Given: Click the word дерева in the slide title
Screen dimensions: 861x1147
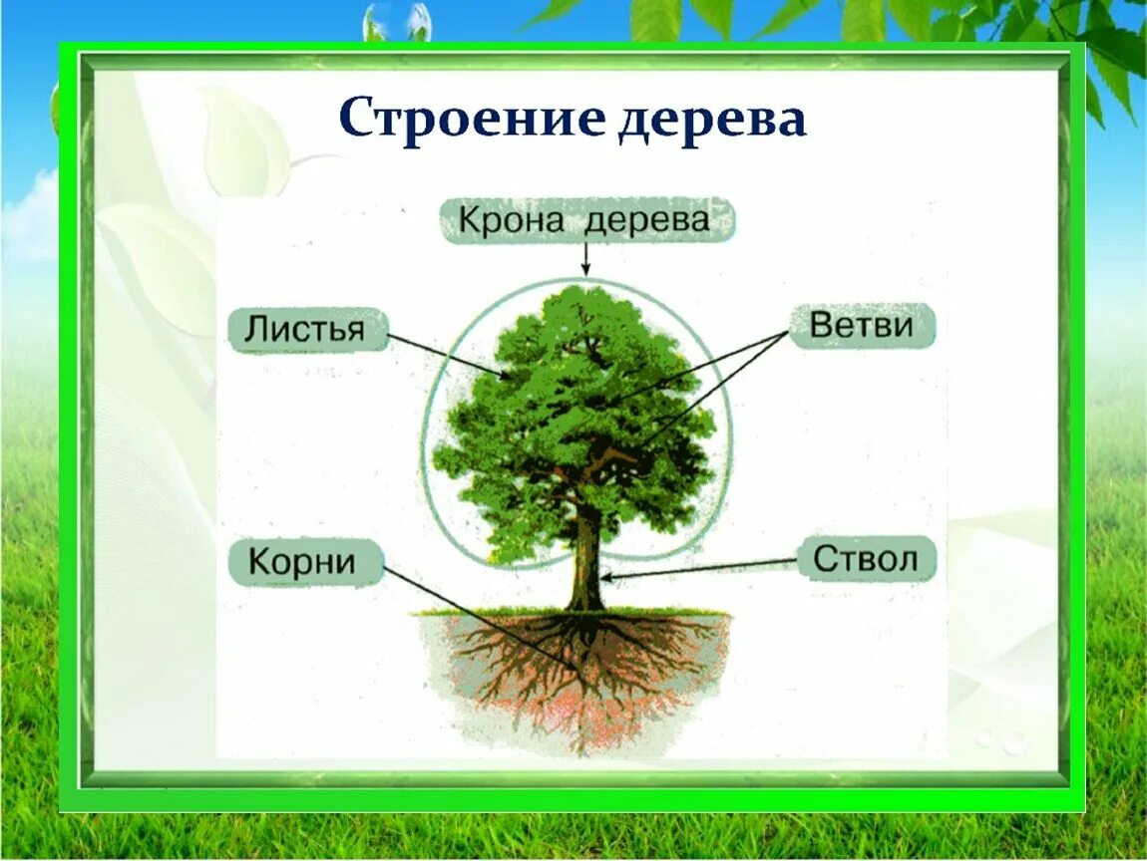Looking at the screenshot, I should click(x=711, y=120).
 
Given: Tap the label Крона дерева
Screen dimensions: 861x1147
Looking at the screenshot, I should click(x=585, y=220).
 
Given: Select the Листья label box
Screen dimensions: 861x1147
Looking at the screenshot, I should click(x=307, y=330).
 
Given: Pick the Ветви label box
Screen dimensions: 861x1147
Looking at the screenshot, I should click(x=862, y=326).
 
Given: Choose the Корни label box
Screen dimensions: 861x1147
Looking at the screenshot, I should click(x=303, y=562).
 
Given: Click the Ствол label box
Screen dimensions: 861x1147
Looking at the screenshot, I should click(x=866, y=558).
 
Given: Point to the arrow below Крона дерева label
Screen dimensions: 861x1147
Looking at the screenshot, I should click(x=585, y=259).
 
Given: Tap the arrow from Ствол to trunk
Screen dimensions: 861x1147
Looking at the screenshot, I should click(x=698, y=568).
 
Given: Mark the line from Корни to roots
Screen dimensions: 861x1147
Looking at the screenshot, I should click(x=479, y=618).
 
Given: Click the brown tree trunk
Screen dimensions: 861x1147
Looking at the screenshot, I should click(x=586, y=568).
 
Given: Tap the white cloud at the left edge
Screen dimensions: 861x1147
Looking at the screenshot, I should click(x=30, y=214).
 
